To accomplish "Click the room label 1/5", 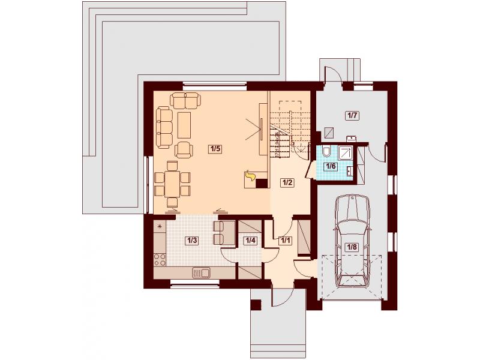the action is pos(215,149).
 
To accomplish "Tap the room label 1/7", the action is pos(352,116).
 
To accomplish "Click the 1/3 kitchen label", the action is pos(191,241).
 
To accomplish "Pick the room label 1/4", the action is pos(250,241).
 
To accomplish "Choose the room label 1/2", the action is pos(287,183).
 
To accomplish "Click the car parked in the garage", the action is pos(352,241).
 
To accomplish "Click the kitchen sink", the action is pos(201,272).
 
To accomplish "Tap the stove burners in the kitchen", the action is pos(160,259).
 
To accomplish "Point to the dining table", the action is pos(172,184).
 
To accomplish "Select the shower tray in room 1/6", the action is pos(346,152).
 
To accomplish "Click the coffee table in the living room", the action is pos(184,125).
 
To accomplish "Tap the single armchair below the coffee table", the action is pos(184,150).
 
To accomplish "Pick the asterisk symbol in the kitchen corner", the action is pos(160,227).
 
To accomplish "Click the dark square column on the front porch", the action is pos(256,305).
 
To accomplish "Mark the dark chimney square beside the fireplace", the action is pos(262,184).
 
